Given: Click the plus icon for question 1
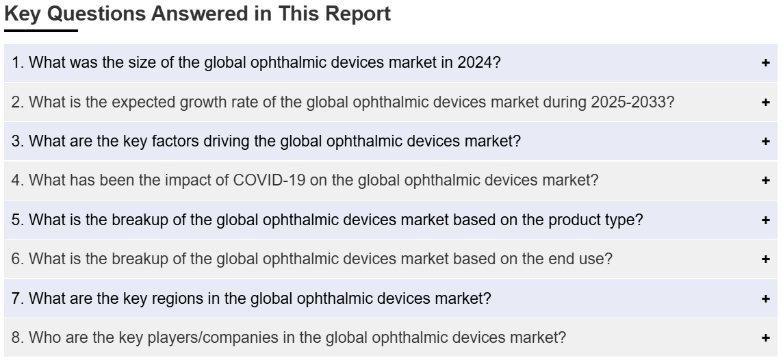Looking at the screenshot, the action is click(765, 63).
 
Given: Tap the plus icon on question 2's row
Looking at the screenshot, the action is click(765, 103).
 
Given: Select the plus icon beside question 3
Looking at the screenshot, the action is click(765, 142).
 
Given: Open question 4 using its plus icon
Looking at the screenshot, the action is click(765, 180).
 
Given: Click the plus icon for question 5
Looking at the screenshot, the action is click(765, 220).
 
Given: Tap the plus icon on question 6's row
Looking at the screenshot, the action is click(765, 259).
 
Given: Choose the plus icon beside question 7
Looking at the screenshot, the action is click(765, 298).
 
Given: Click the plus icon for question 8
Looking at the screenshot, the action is click(765, 338).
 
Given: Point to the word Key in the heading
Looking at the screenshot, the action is click(23, 14).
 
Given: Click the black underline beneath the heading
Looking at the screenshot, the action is click(41, 31).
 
